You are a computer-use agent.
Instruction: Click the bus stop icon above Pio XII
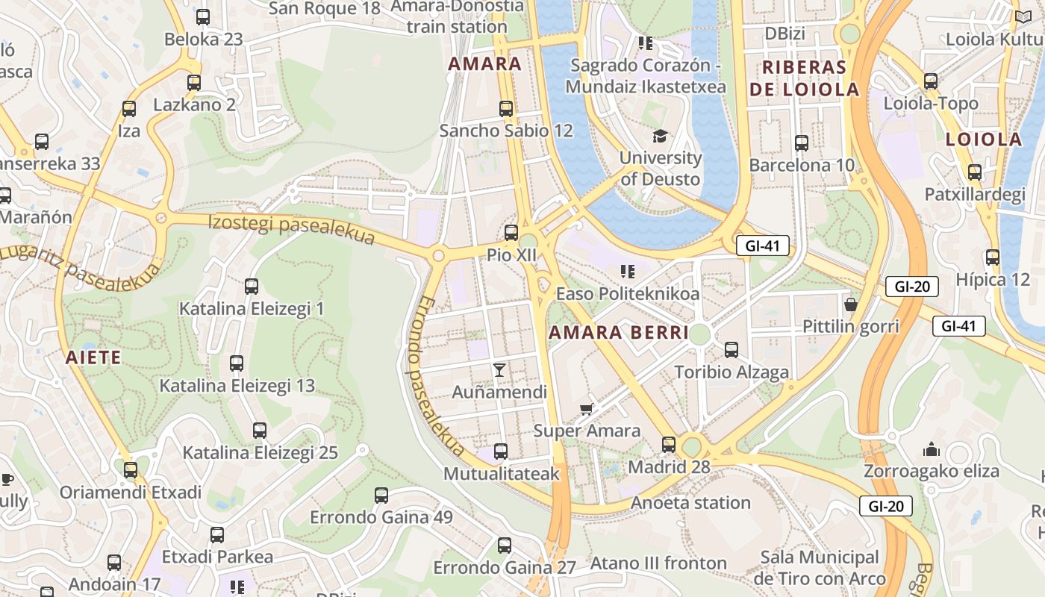click(x=511, y=232)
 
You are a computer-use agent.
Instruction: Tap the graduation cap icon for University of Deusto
click(x=660, y=136)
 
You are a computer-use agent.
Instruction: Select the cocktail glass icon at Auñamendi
click(x=499, y=369)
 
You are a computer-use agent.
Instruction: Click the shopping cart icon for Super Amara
click(x=587, y=408)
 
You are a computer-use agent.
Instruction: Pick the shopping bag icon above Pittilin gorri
click(x=850, y=304)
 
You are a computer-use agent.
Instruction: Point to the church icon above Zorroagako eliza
click(x=931, y=449)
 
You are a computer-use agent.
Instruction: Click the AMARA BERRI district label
click(x=619, y=333)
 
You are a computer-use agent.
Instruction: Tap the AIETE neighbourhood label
click(x=93, y=357)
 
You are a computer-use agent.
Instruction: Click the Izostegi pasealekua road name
click(x=291, y=228)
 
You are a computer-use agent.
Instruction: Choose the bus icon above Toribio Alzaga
click(x=731, y=349)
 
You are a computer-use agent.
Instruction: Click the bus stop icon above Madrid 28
click(x=669, y=445)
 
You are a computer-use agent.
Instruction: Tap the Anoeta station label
click(x=690, y=503)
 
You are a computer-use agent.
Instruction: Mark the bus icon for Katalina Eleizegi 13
click(x=237, y=363)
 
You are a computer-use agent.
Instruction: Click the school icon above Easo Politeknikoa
click(x=628, y=271)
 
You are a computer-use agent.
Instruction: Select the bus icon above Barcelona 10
click(x=802, y=143)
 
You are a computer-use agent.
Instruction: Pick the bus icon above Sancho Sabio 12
click(x=506, y=108)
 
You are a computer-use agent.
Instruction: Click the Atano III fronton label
click(x=658, y=563)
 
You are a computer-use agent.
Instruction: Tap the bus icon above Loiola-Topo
click(x=931, y=81)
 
